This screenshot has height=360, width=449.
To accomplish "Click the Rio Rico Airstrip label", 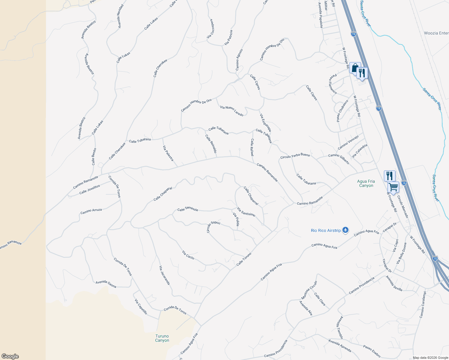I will [x=326, y=230].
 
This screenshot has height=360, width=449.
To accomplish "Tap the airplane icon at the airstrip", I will [x=345, y=230].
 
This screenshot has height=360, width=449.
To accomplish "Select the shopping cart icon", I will [x=393, y=187].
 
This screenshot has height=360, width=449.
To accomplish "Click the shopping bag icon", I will [x=355, y=67].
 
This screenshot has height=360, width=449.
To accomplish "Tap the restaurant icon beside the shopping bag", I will [x=362, y=73].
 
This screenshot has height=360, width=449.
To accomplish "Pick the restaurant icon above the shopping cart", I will [x=390, y=176].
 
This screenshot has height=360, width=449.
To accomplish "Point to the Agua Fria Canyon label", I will [x=366, y=183].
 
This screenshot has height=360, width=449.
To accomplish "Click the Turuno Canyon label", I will [x=162, y=338].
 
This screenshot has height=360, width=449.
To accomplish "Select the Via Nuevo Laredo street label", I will [x=232, y=111].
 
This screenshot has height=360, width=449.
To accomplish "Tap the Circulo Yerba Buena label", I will [x=295, y=156].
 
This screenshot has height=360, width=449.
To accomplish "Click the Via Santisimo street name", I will [x=246, y=212].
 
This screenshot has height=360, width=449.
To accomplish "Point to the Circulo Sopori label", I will [x=213, y=227].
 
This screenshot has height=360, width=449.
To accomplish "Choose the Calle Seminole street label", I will [x=188, y=209].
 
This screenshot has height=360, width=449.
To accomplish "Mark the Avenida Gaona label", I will [x=106, y=284].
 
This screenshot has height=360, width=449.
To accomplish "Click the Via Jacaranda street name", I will [x=164, y=275].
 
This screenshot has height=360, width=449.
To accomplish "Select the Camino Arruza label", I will [x=91, y=211].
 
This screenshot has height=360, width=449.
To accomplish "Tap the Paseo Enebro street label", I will [x=372, y=351].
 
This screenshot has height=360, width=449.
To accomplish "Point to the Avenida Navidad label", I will [x=121, y=16].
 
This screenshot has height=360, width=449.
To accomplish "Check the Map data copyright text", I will [x=430, y=358].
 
